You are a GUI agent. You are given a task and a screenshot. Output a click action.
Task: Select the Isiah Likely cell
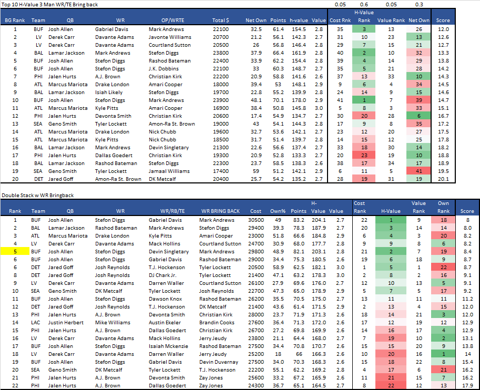click(109, 92)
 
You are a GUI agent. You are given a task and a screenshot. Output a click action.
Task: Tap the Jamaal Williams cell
click(168, 171)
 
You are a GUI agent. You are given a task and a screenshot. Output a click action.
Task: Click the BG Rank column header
click(14, 20)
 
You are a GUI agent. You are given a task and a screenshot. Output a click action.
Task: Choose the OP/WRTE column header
click(161, 20)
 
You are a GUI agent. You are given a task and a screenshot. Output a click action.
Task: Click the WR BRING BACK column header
click(220, 211)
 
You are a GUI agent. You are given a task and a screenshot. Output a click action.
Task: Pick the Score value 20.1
click(443, 179)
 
